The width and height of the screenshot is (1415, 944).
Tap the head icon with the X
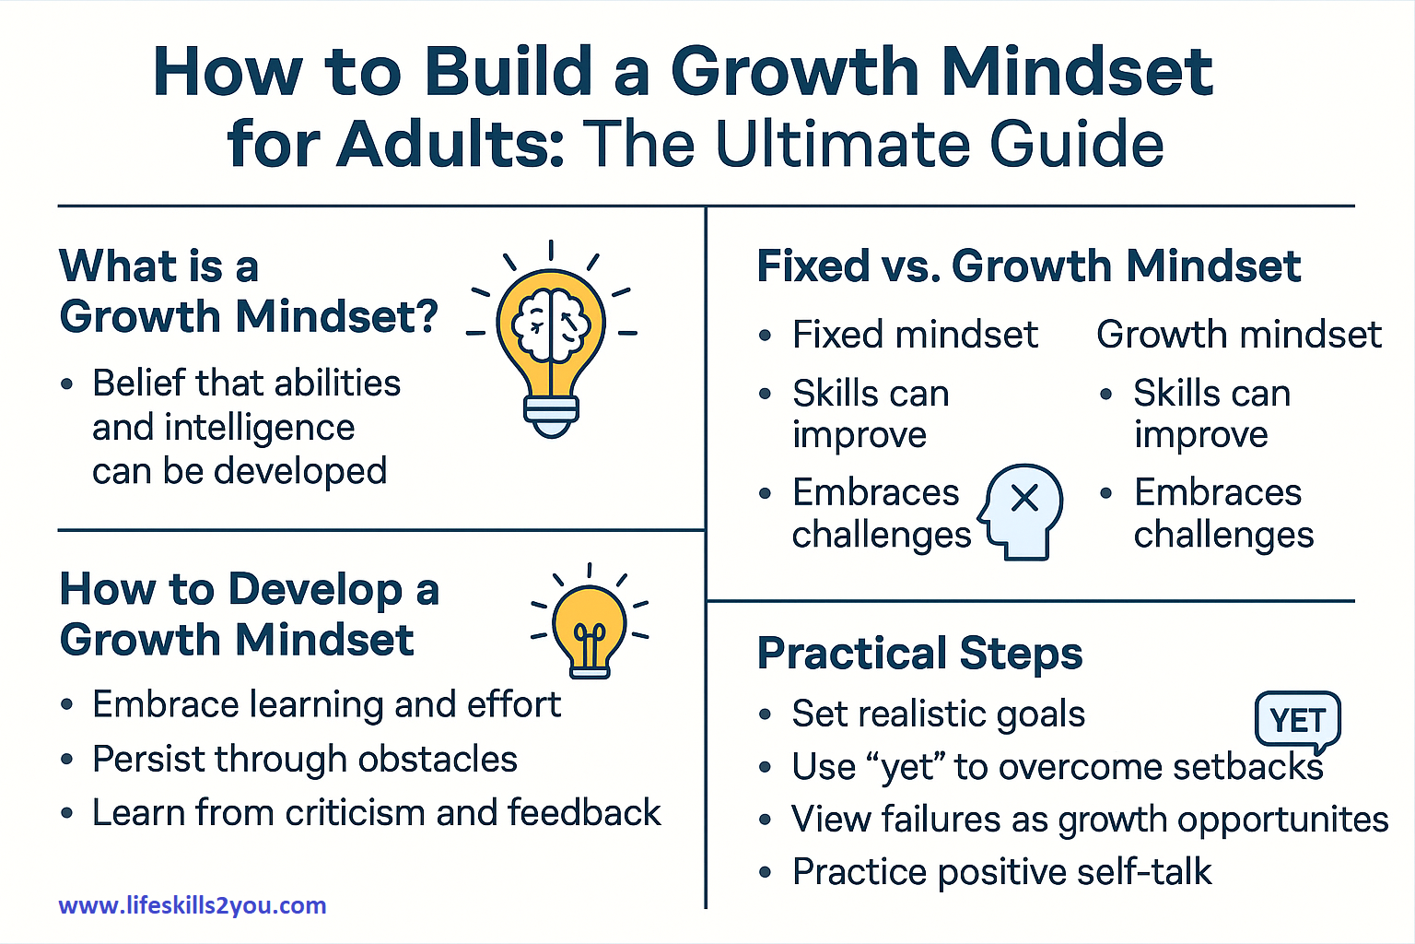tap(1021, 512)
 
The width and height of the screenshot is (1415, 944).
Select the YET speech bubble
tap(1297, 720)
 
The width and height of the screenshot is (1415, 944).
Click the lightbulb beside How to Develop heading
tap(590, 625)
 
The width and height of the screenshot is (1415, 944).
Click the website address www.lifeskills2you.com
tap(193, 905)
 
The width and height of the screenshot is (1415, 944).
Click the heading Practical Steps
tap(919, 654)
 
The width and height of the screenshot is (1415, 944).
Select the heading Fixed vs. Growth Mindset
tap(1028, 266)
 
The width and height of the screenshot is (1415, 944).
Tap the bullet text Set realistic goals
tap(938, 714)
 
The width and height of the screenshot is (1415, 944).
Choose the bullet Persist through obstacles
tap(304, 760)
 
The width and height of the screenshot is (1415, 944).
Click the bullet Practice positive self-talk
tap(1001, 872)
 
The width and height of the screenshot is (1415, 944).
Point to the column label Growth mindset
tap(1238, 335)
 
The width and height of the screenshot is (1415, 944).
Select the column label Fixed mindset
tap(915, 335)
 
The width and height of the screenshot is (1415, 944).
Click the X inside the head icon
tap(1024, 498)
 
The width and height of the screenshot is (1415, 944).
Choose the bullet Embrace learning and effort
tap(326, 705)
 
